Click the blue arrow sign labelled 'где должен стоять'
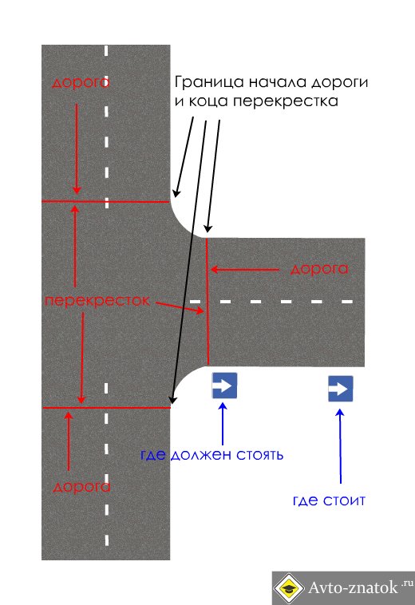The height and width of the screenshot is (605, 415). (224, 386)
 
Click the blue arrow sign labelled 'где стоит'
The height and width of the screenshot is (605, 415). (341, 389)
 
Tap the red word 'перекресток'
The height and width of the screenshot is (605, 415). (97, 301)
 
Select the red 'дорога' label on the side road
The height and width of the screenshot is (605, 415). (319, 268)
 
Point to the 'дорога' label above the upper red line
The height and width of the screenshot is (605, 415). (81, 81)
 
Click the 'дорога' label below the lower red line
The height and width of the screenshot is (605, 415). (81, 487)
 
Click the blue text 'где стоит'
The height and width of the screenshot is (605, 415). (329, 500)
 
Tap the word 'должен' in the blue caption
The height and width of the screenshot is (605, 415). (200, 455)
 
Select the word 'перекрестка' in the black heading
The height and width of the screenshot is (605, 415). (286, 101)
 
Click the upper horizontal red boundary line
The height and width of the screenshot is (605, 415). (105, 201)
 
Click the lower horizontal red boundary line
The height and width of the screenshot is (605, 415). (106, 407)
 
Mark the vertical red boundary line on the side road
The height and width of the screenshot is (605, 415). (207, 302)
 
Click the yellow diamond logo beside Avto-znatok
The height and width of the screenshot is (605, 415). (288, 588)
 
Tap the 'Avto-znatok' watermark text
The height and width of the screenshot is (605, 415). (353, 587)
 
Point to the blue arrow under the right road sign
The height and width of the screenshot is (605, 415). (340, 446)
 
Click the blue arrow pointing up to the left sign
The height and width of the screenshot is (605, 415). (223, 424)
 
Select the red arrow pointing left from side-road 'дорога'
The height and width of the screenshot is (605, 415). (245, 270)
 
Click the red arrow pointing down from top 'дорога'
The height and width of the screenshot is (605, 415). (77, 148)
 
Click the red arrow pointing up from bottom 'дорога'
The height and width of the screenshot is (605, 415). (69, 441)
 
